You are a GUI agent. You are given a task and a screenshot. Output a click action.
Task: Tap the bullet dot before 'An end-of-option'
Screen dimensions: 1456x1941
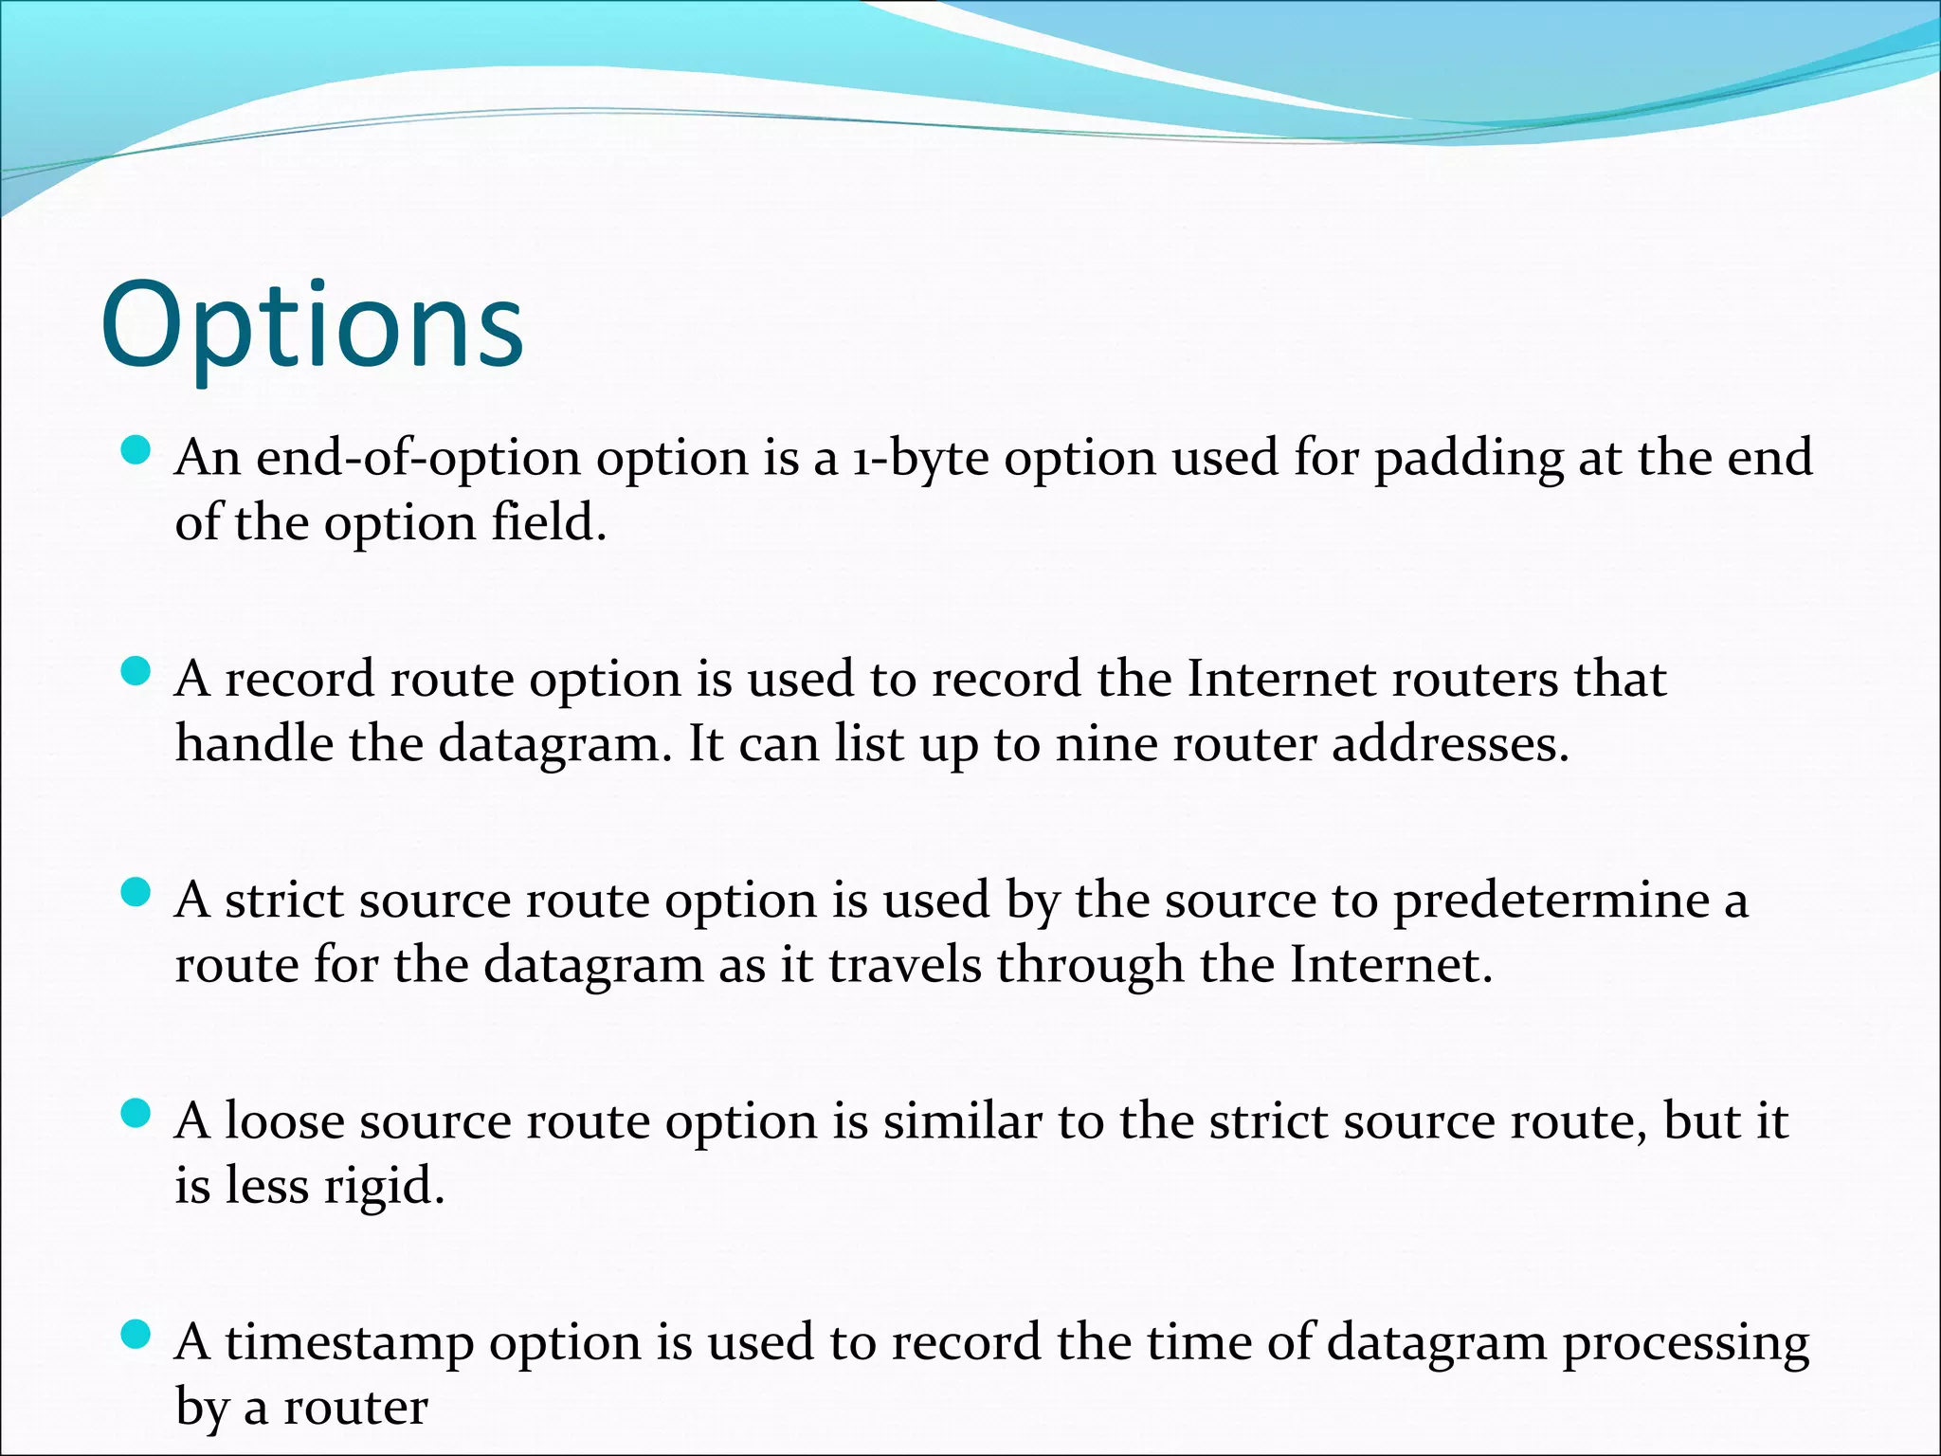137,450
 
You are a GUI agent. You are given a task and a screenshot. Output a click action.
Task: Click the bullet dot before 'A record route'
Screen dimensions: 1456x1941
137,672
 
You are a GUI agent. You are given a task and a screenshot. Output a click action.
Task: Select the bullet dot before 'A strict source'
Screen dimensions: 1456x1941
137,893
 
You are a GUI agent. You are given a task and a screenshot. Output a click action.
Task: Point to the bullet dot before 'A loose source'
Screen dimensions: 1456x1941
137,1114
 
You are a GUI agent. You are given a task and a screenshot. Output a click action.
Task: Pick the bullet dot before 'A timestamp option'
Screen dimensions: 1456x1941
137,1336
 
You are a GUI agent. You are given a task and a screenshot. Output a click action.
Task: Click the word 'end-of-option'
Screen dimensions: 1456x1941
418,459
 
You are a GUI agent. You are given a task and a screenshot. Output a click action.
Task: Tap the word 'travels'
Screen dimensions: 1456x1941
906,966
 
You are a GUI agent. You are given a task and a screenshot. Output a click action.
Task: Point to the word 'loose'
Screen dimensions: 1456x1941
284,1122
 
